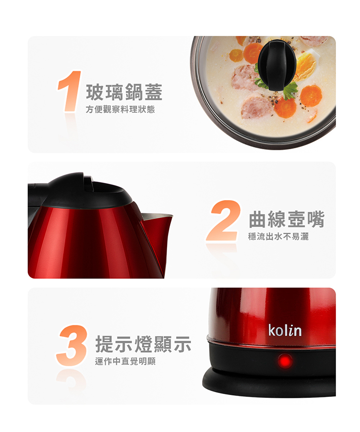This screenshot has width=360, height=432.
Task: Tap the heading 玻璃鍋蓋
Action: [x=124, y=92]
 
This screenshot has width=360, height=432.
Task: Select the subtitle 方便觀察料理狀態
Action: [x=120, y=109]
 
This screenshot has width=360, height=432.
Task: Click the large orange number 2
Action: [x=223, y=220]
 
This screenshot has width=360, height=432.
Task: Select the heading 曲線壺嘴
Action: [x=287, y=219]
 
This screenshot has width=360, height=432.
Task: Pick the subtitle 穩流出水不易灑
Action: [x=278, y=236]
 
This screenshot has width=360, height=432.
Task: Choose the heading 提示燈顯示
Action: [x=144, y=344]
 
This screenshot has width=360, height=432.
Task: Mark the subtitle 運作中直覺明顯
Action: [x=125, y=361]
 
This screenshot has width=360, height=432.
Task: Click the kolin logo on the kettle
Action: [x=285, y=330]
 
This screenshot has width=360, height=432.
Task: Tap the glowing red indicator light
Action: [x=285, y=361]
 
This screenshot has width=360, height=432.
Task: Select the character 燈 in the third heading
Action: [x=144, y=344]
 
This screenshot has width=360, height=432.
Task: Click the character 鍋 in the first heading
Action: [x=134, y=92]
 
